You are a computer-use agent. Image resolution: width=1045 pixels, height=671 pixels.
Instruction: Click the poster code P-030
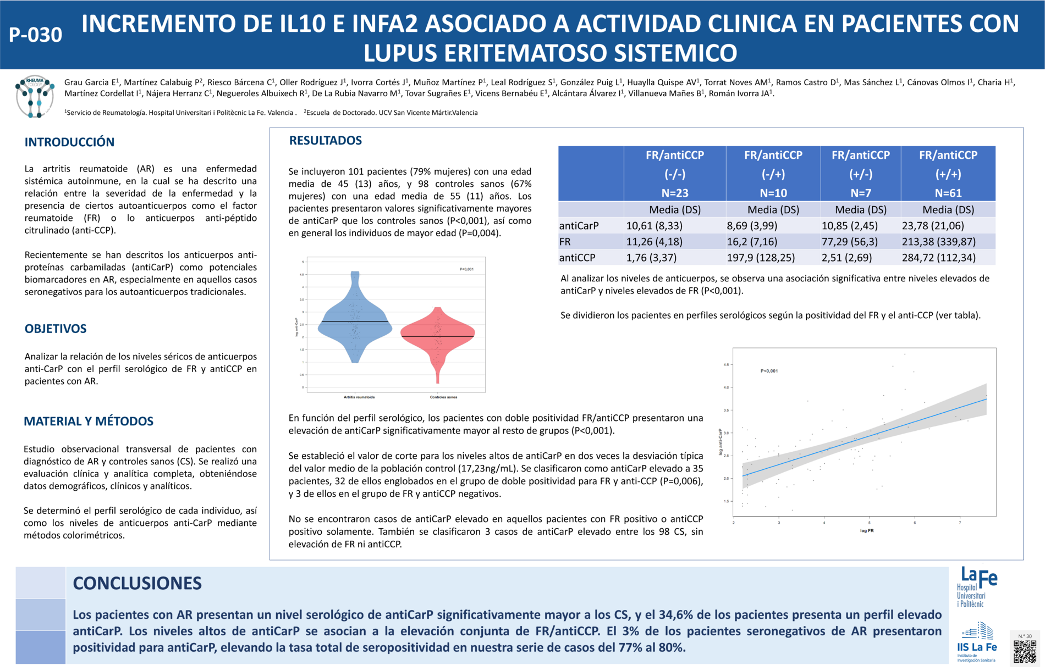point(36,35)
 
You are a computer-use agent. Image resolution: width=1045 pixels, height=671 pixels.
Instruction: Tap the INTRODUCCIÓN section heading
point(69,142)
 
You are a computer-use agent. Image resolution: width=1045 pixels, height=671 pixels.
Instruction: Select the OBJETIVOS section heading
point(56,329)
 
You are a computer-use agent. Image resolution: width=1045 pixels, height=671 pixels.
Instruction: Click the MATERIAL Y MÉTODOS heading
point(89,422)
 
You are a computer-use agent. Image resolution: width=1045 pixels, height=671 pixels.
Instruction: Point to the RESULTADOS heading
point(326,141)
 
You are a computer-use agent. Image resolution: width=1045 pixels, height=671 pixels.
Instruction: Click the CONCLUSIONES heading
point(137,583)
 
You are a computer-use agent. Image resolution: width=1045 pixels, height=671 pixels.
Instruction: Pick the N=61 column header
point(948,193)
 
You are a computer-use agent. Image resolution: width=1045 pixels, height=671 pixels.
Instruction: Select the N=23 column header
point(675,193)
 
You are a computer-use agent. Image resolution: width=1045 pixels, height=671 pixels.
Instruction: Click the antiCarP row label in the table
point(579,226)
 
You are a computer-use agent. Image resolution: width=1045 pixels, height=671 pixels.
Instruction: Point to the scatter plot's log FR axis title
point(867,531)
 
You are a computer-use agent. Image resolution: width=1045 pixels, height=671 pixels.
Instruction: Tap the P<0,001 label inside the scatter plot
point(769,371)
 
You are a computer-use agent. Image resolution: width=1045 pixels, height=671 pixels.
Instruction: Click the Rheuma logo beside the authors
point(35,97)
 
